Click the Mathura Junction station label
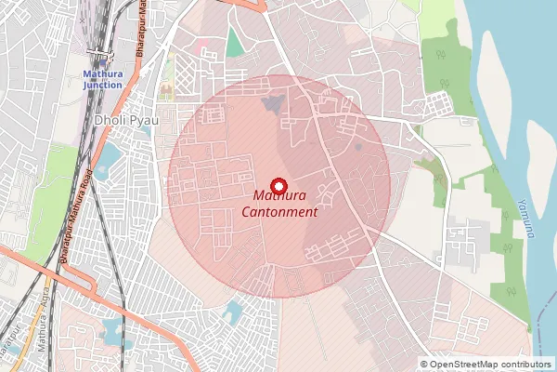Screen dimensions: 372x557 click(x=102, y=78)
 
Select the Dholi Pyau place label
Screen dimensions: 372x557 click(x=126, y=120)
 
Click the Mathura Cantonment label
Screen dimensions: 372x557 click(x=279, y=204)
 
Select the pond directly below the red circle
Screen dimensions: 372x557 click(x=233, y=310)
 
